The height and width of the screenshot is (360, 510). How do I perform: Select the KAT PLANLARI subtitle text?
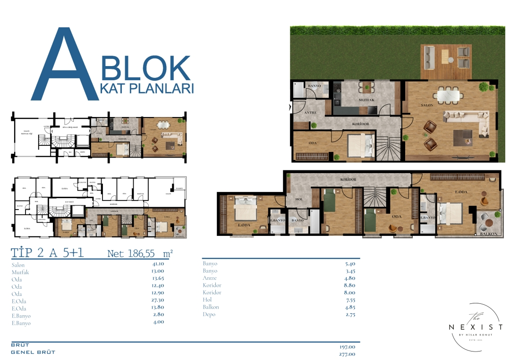click(x=148, y=89)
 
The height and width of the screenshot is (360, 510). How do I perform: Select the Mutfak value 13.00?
click(x=158, y=272)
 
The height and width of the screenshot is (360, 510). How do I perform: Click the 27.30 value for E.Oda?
click(x=158, y=301)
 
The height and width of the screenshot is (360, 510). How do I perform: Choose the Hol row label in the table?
click(x=207, y=300)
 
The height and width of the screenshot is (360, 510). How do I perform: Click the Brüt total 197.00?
click(x=348, y=346)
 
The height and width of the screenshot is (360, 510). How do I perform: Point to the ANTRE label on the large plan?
click(x=310, y=113)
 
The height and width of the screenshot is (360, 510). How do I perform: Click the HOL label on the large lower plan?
click(x=298, y=199)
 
